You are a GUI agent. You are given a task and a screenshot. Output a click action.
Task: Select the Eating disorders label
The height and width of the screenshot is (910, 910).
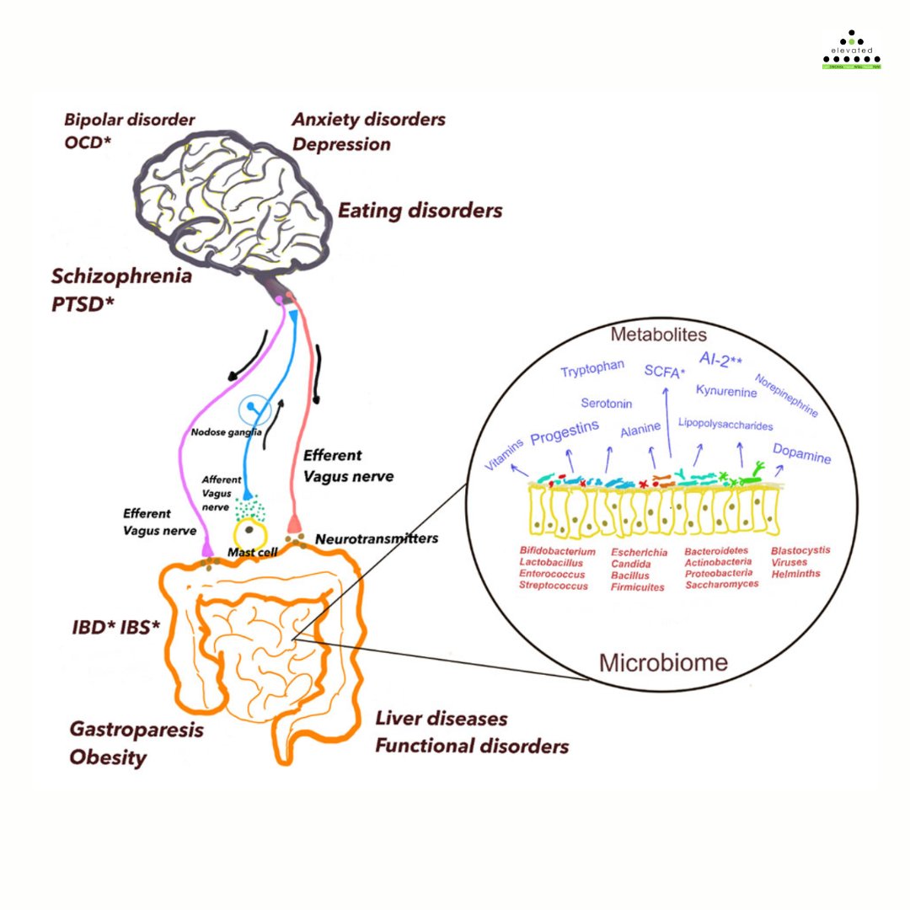[x=420, y=210]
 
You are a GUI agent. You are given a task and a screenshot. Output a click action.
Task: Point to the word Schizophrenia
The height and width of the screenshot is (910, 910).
[x=121, y=276]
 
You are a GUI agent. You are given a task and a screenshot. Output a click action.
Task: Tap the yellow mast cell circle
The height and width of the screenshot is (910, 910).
[x=250, y=533]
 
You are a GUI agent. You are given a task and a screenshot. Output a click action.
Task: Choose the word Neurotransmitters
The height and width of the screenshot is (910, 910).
[x=377, y=538]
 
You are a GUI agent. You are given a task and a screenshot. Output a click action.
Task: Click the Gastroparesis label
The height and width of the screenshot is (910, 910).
[x=136, y=730]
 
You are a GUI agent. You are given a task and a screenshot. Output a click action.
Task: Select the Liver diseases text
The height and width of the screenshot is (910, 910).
[x=442, y=719]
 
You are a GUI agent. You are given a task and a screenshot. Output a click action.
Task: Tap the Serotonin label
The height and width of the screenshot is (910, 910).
[x=607, y=404]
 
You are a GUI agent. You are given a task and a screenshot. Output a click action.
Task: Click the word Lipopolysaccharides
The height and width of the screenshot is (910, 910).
[x=725, y=425]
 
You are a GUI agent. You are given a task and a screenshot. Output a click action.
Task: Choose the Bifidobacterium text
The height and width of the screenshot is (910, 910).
[x=558, y=551]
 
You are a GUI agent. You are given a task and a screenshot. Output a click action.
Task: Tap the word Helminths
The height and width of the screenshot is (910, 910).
[x=795, y=573]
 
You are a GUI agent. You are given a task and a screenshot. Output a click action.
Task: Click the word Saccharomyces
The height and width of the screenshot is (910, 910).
[x=721, y=584]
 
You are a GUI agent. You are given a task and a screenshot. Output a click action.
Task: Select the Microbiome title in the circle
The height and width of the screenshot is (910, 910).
[x=663, y=662]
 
